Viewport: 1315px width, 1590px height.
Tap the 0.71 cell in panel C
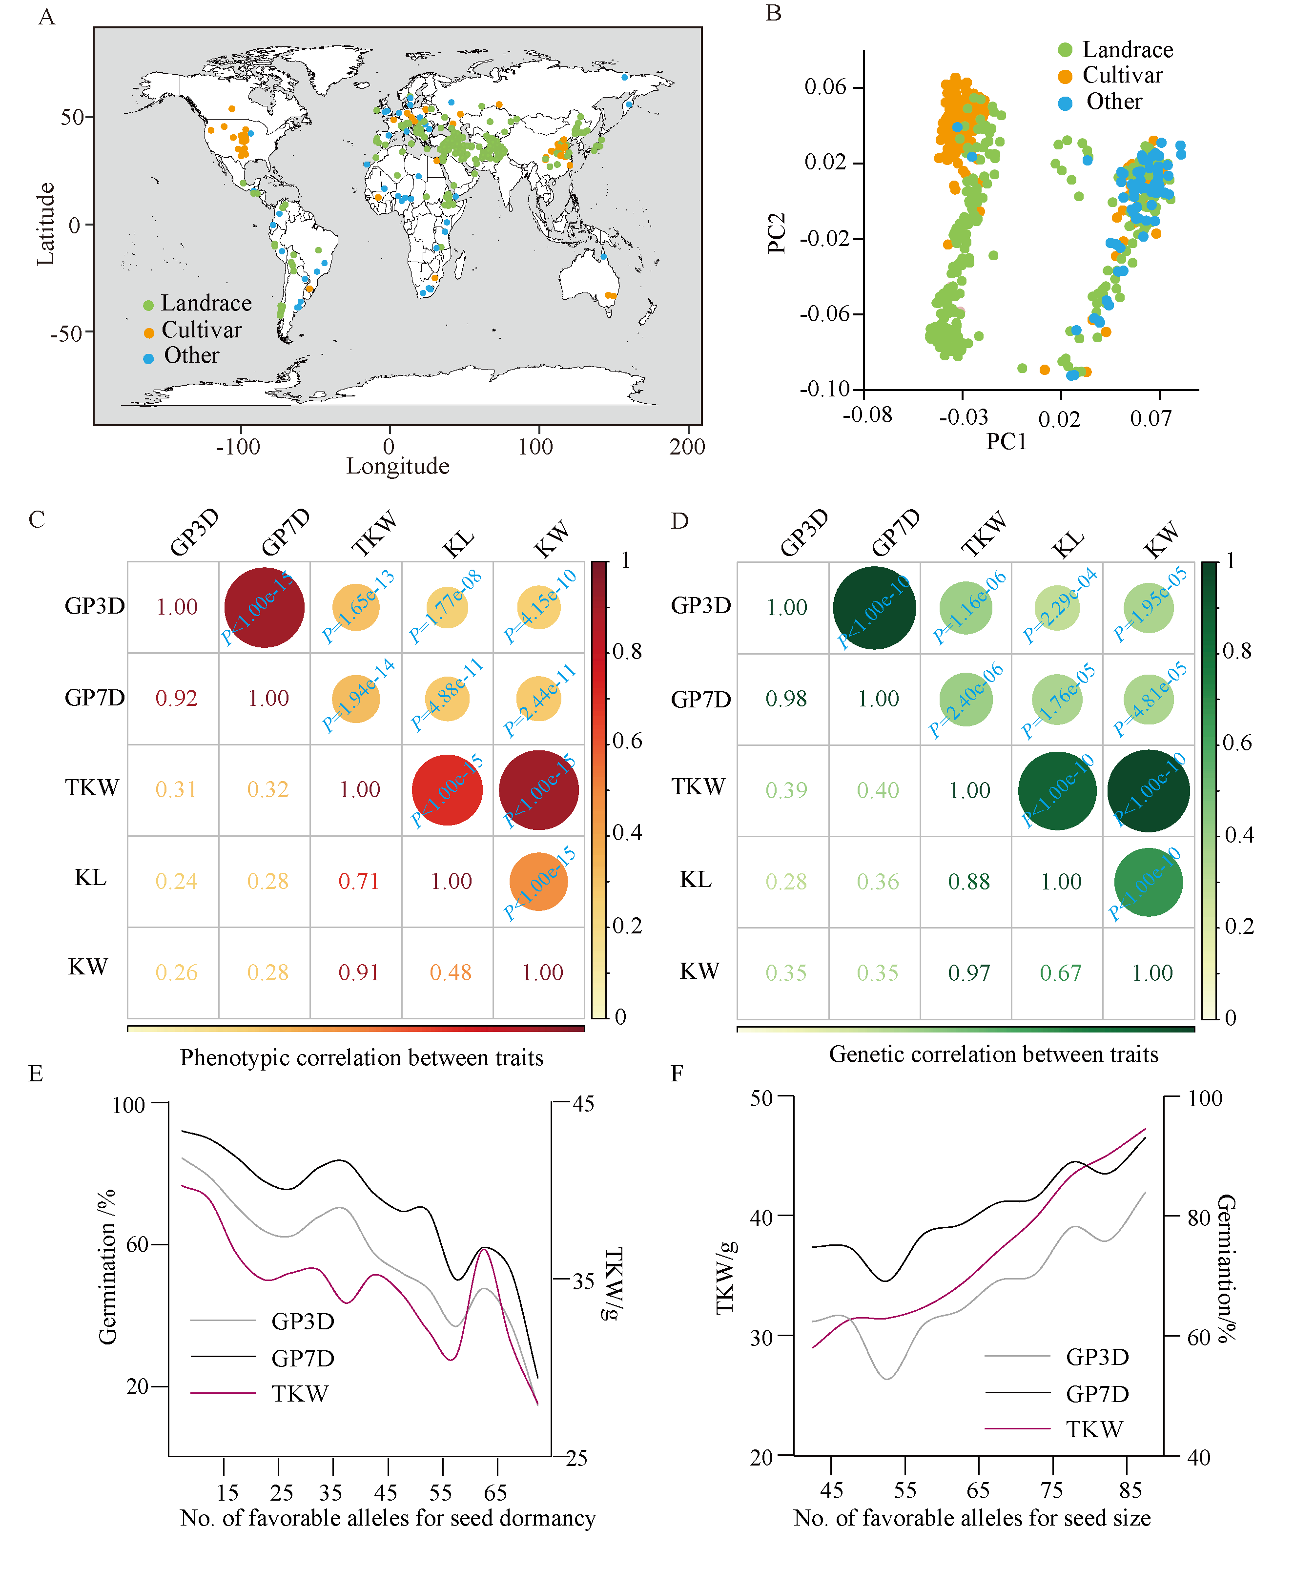tap(359, 881)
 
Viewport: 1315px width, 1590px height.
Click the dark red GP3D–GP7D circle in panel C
tap(264, 607)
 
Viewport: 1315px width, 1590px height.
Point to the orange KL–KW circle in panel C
tap(538, 881)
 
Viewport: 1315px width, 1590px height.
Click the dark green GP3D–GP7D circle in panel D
tap(874, 607)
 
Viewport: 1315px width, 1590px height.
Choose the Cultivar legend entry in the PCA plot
tap(1121, 75)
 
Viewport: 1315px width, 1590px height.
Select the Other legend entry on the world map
tap(191, 355)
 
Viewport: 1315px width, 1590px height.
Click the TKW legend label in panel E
tap(300, 1393)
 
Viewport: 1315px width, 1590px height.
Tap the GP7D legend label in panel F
tap(1097, 1393)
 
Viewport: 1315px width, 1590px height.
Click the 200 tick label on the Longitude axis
tap(687, 447)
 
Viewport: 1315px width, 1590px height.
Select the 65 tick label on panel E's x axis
tap(495, 1492)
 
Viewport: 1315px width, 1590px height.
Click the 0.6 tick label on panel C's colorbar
tap(627, 741)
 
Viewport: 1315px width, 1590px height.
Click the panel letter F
tap(677, 1074)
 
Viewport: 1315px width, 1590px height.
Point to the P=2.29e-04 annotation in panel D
tap(1060, 606)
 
